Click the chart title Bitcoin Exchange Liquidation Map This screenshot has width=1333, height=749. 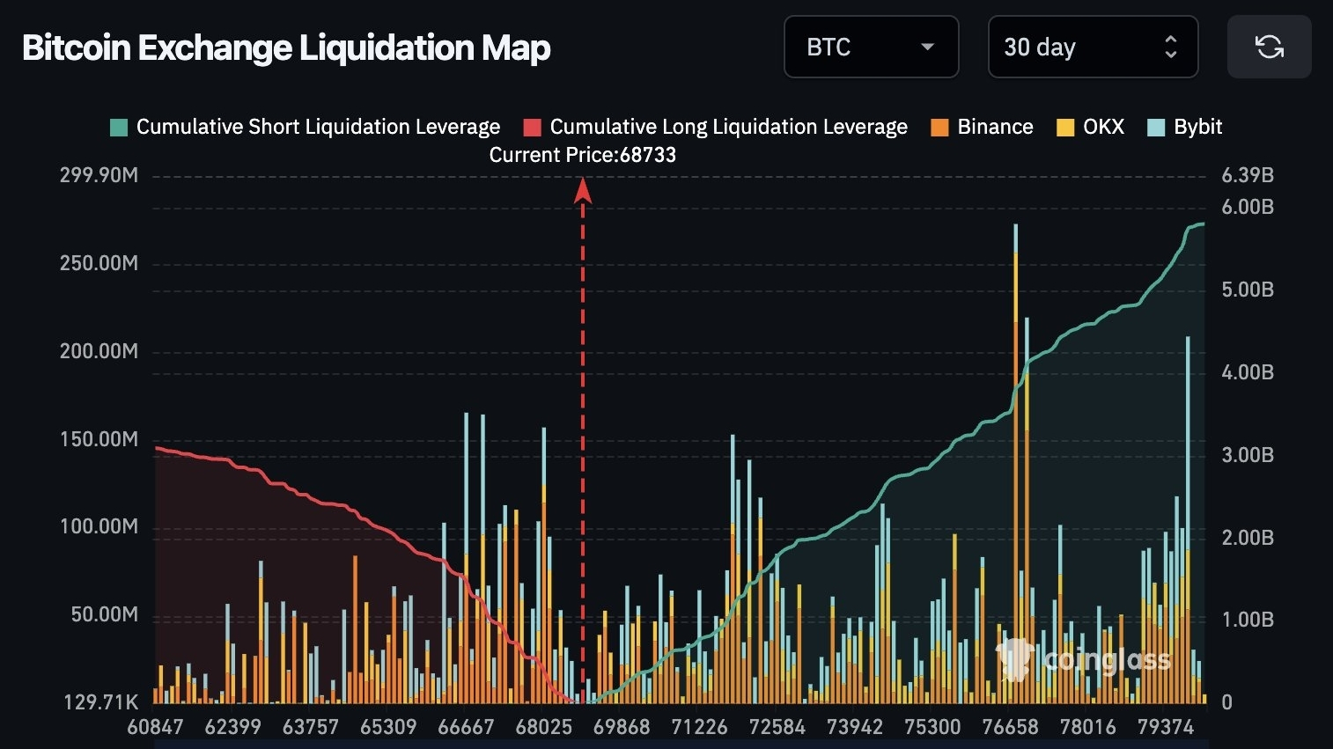point(286,48)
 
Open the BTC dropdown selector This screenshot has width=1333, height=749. point(870,47)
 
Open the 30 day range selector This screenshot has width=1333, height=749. point(1092,47)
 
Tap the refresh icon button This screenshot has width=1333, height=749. point(1269,47)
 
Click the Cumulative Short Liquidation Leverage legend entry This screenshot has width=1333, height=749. point(305,127)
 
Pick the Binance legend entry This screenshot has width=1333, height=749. point(982,127)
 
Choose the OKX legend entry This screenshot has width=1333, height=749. point(1091,127)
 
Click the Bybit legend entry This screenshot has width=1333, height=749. point(1185,127)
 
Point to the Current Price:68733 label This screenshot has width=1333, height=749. point(582,155)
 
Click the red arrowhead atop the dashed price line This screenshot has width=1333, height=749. point(582,189)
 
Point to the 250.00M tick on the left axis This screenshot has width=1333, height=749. point(99,263)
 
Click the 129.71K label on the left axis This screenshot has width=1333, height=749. point(100,702)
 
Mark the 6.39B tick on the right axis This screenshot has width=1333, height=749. point(1247,175)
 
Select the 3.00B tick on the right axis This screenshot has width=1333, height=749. point(1247,455)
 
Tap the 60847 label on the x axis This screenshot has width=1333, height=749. point(155,727)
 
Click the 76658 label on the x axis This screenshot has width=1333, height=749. point(1010,727)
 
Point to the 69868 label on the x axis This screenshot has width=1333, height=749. point(621,727)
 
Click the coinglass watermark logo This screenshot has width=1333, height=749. point(1083,659)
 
